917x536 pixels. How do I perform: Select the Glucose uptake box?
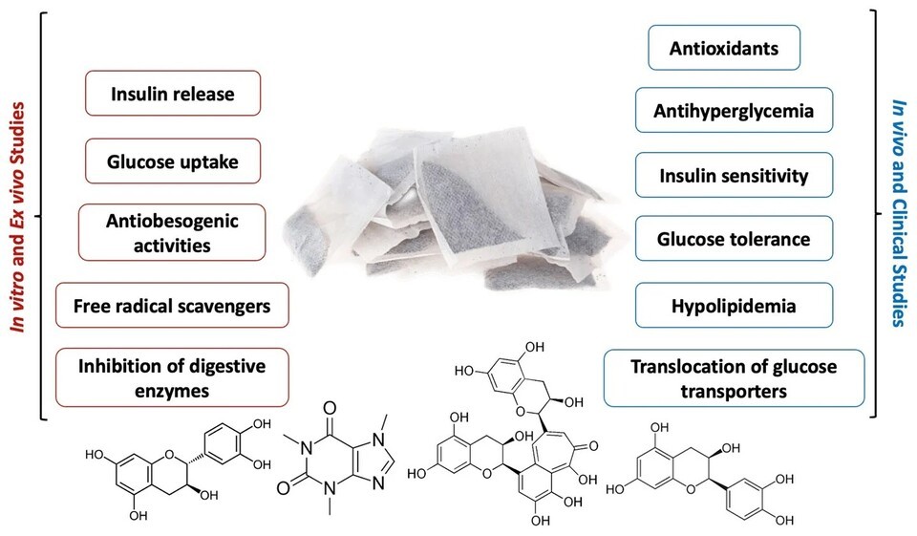pyautogui.click(x=173, y=162)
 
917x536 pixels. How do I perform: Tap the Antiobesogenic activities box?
pyautogui.click(x=172, y=233)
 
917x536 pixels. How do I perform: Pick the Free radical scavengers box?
pyautogui.click(x=172, y=307)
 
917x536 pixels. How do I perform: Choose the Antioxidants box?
pyautogui.click(x=724, y=47)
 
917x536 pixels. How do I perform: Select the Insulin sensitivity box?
pyautogui.click(x=734, y=176)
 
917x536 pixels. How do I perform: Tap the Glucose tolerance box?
pyautogui.click(x=734, y=239)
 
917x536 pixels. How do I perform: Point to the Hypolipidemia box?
pyautogui.click(x=734, y=307)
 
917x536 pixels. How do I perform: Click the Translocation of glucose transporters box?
pyautogui.click(x=734, y=376)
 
